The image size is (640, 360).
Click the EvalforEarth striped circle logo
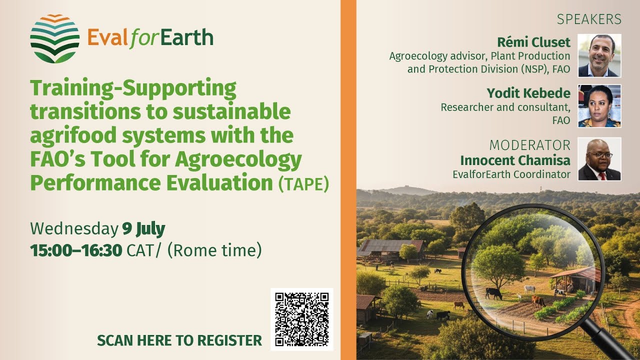pyautogui.click(x=54, y=39)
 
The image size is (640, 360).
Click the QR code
pyautogui.click(x=302, y=319)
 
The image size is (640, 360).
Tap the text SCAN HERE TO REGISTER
pyautogui.click(x=179, y=340)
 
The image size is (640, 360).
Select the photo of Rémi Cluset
pyautogui.click(x=599, y=55)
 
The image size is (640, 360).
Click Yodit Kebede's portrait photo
pyautogui.click(x=599, y=106)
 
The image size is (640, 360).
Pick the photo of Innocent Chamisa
pyautogui.click(x=599, y=159)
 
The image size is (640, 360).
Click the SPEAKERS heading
pyautogui.click(x=589, y=19)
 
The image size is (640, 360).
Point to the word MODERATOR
pyautogui.click(x=529, y=145)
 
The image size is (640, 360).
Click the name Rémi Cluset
pyautogui.click(x=533, y=41)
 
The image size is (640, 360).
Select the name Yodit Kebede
pyautogui.click(x=528, y=93)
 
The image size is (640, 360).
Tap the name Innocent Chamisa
pyautogui.click(x=515, y=160)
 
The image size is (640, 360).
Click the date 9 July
pyautogui.click(x=143, y=229)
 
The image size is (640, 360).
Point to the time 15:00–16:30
pyautogui.click(x=76, y=250)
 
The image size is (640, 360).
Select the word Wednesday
pyautogui.click(x=73, y=229)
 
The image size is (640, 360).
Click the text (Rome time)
pyautogui.click(x=214, y=250)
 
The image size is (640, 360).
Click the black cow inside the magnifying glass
pyautogui.click(x=493, y=293)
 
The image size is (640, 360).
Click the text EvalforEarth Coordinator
pyautogui.click(x=511, y=174)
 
